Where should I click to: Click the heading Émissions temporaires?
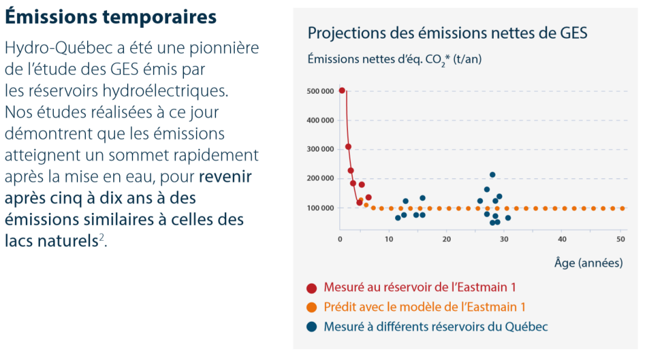point(110,18)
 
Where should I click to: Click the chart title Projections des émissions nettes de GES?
point(447,33)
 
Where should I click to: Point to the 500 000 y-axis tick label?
point(321,91)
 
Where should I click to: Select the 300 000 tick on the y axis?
point(321,149)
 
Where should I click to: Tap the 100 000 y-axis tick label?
point(321,208)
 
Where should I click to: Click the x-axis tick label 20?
point(446,240)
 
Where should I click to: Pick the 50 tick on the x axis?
point(620,240)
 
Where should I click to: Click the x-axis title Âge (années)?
point(588,263)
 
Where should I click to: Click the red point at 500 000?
point(342,91)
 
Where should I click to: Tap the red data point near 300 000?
point(348,146)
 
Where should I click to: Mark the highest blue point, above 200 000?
point(493,175)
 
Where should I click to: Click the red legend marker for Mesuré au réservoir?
point(312,288)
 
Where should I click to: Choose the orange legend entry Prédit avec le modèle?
point(424,307)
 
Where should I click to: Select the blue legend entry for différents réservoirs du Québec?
point(436,327)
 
